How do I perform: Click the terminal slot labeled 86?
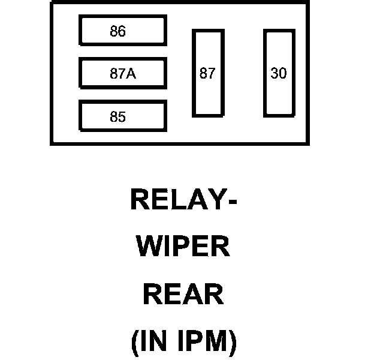coord(122,31)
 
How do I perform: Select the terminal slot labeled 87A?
coord(122,74)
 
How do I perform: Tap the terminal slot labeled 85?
coord(122,116)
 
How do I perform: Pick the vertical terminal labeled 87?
coord(207,73)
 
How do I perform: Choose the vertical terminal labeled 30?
coord(279,73)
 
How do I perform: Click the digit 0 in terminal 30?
coord(283,73)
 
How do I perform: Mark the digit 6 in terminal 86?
coord(122,31)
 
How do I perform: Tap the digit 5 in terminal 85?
coord(122,117)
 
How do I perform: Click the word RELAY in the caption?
coord(175,200)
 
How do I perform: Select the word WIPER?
coord(183,247)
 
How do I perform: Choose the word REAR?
coord(183,295)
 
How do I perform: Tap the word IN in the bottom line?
coord(153,342)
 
